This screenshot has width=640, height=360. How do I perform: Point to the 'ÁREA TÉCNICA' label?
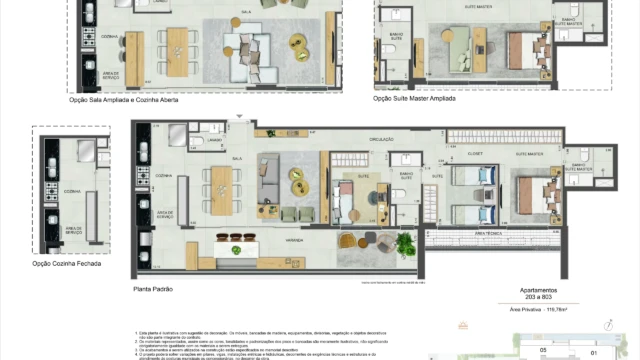tap(488, 231)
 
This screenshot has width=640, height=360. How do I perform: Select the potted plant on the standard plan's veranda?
tap(405, 243)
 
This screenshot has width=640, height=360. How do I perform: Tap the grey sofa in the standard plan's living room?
tap(267, 184)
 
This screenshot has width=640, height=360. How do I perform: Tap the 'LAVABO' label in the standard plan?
tap(216, 141)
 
